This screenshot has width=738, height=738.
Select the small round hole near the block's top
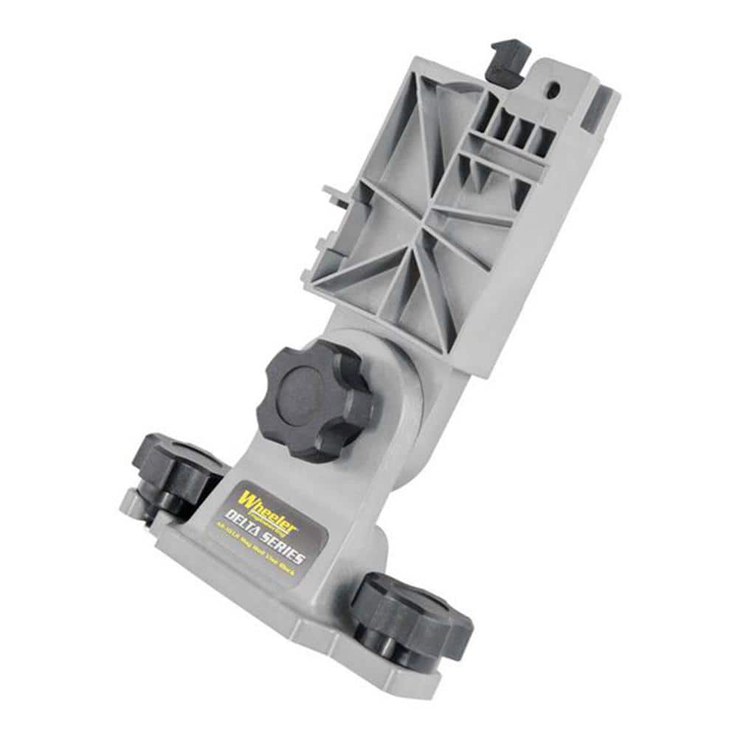(x=552, y=88)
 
